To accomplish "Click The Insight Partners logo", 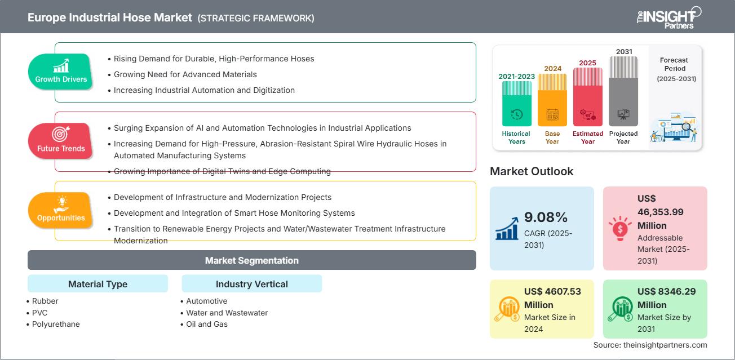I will (x=668, y=17).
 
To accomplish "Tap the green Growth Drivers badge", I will (x=61, y=72).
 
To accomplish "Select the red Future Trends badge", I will (x=61, y=141).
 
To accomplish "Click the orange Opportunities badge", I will (x=61, y=210).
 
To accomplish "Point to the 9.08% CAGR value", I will (x=545, y=217).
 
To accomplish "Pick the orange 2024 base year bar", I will (x=552, y=100).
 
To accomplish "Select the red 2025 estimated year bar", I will (x=588, y=96).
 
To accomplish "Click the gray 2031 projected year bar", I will (x=623, y=91).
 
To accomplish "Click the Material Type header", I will (x=98, y=284).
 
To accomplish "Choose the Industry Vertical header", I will (x=251, y=284).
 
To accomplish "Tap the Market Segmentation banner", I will (x=251, y=260).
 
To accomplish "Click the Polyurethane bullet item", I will (x=56, y=324).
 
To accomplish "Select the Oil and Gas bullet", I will (x=207, y=324).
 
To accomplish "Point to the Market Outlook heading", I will (x=532, y=171).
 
